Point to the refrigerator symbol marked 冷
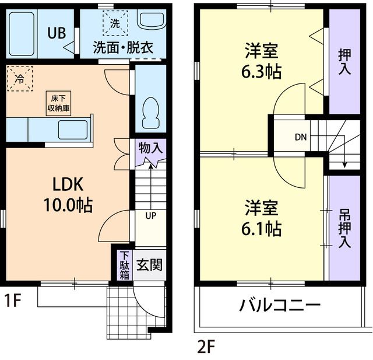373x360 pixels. point(20,78)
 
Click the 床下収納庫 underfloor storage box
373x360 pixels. point(59,104)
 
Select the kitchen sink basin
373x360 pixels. point(72,129)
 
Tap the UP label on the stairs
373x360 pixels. point(150,216)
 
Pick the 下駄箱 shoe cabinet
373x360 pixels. point(124,264)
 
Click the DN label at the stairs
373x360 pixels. point(300,138)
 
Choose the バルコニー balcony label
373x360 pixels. point(279,306)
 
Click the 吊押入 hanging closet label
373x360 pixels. point(344,229)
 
